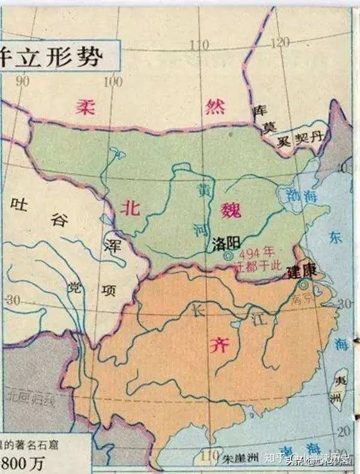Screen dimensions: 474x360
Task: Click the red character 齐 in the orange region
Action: pos(215,344)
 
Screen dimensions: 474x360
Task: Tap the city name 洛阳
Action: pos(226,244)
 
